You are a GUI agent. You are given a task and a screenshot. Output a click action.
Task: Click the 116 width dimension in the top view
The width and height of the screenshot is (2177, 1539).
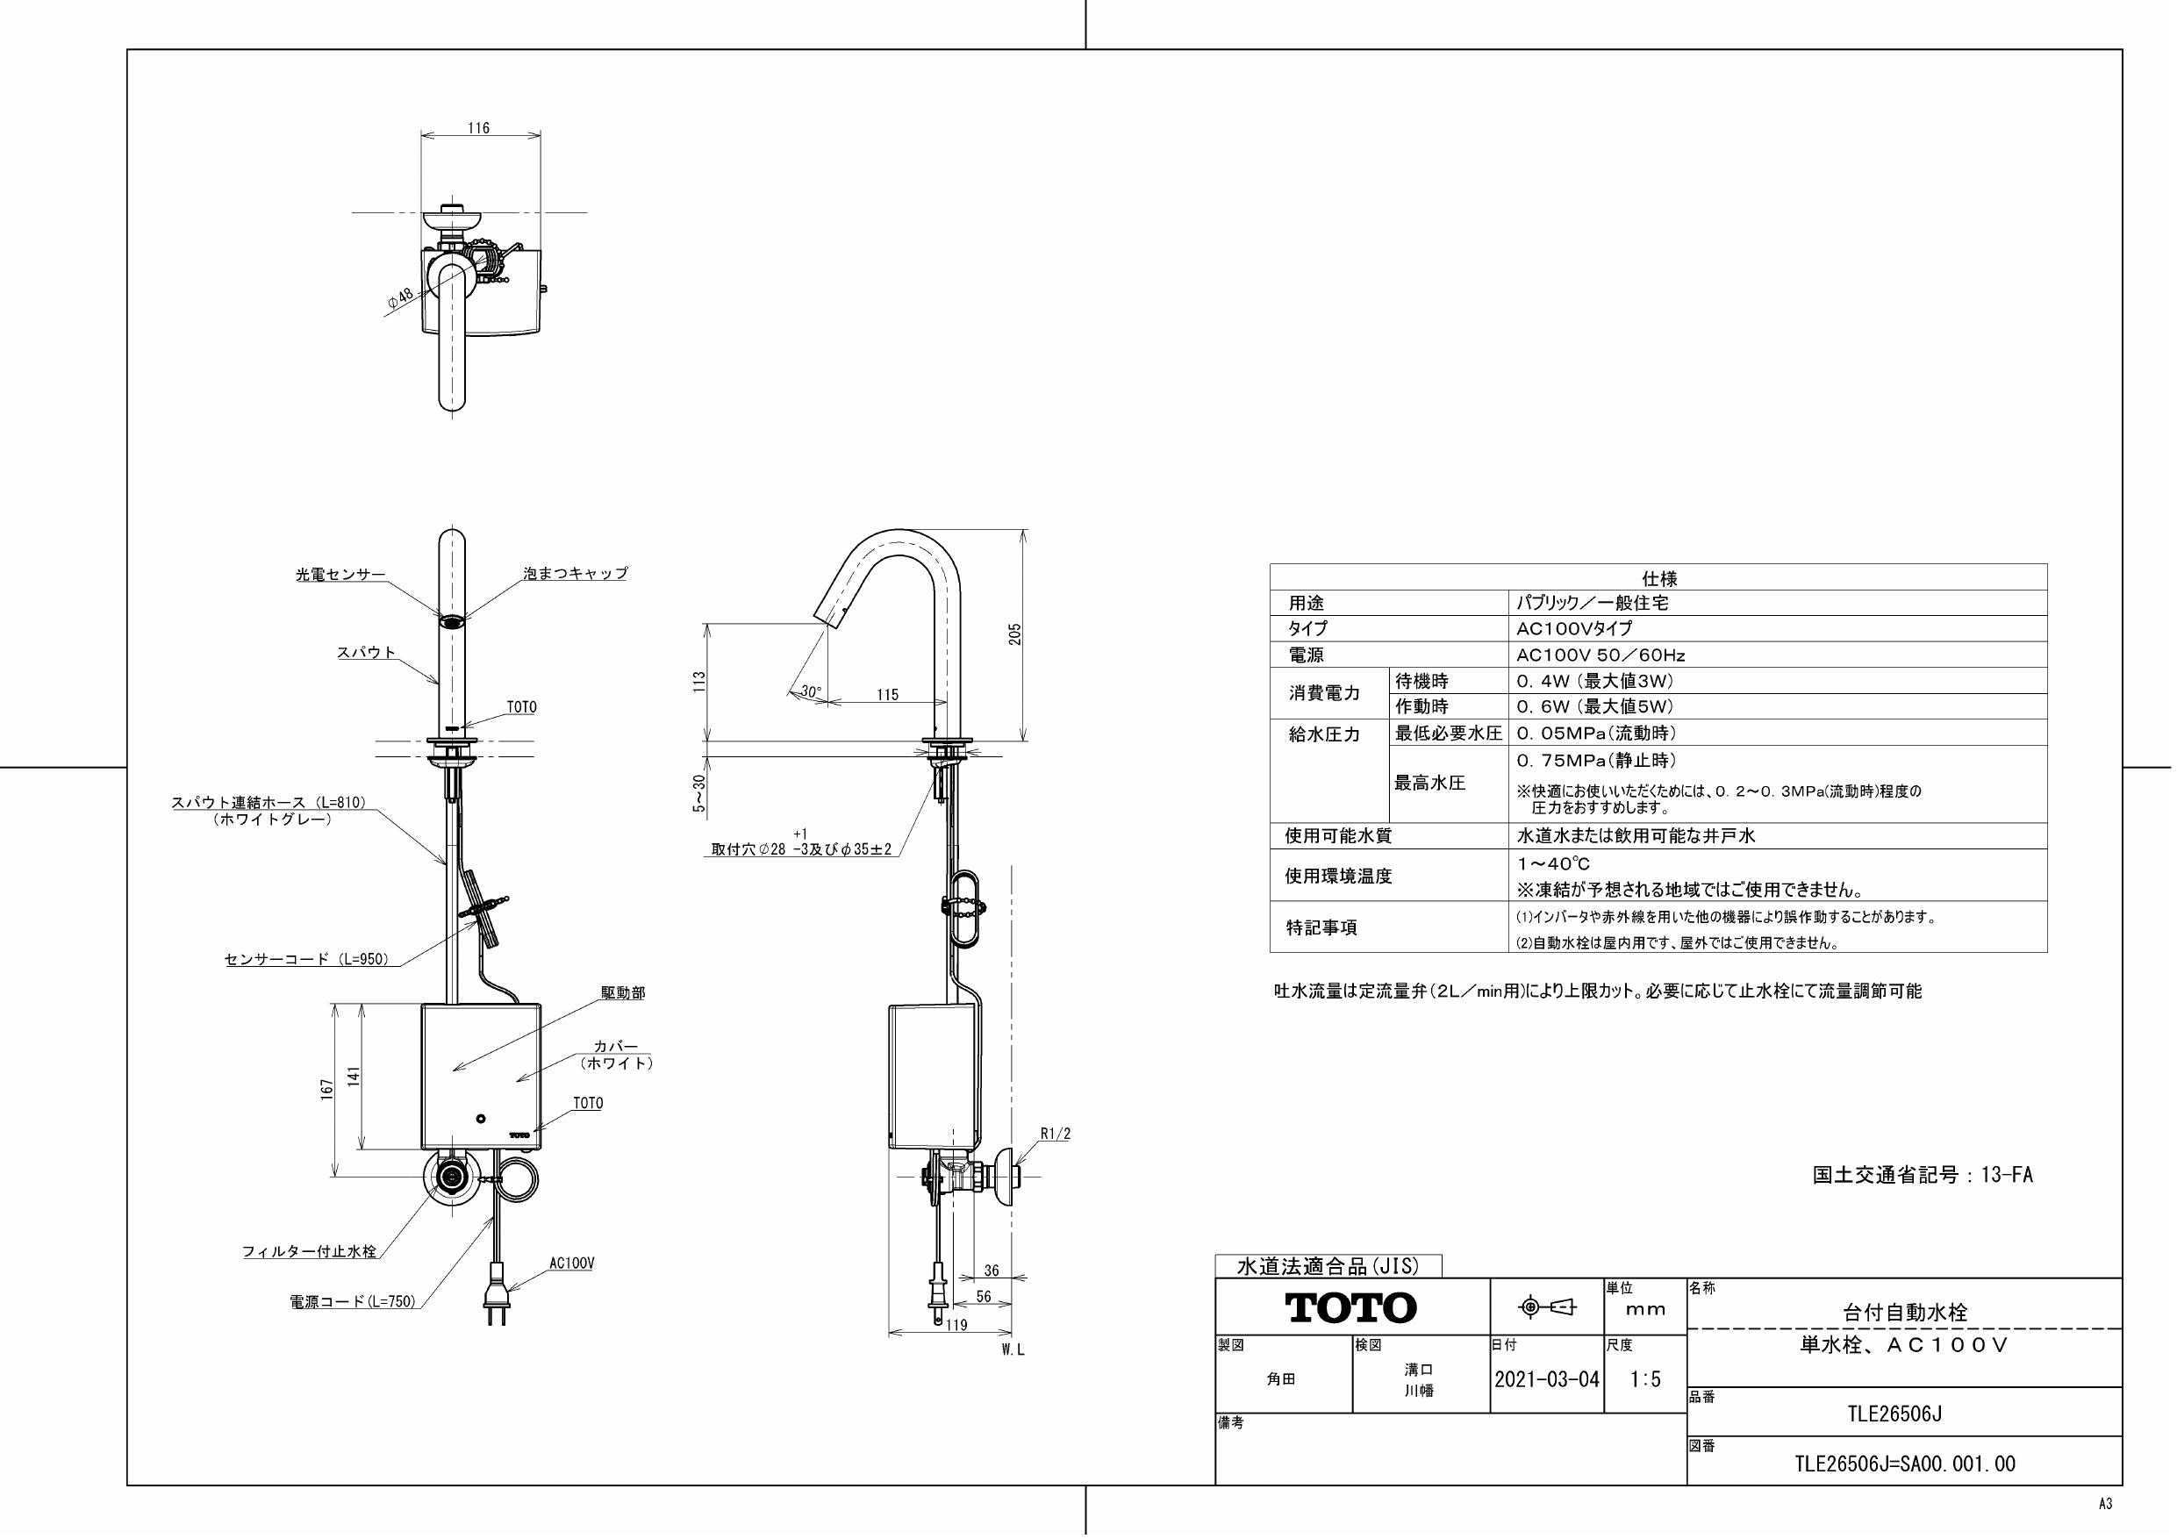point(479,128)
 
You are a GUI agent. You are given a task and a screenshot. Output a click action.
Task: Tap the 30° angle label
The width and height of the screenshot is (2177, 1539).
point(811,692)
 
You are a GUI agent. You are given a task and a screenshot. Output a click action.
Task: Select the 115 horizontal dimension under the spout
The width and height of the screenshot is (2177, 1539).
point(886,695)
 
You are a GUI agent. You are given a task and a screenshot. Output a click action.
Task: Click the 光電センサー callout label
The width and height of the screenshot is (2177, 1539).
point(340,575)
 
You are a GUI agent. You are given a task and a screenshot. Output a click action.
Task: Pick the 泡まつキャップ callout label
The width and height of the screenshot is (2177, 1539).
point(576,574)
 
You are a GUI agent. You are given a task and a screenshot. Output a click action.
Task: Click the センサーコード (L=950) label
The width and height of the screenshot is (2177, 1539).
point(306,960)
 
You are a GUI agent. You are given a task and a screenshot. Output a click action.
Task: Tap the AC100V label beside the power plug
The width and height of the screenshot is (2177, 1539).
point(572,1264)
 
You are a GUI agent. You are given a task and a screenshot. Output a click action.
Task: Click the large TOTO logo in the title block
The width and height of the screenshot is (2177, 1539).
point(1350,1308)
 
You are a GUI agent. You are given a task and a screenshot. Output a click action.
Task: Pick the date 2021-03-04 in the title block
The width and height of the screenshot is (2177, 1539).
point(1546,1379)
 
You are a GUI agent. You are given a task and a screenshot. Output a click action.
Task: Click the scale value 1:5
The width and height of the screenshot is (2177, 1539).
point(1645,1379)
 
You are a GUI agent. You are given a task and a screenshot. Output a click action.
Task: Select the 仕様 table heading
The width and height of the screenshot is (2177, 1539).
point(1658,577)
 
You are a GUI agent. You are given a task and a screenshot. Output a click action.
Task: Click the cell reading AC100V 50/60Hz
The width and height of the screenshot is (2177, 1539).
point(1601,655)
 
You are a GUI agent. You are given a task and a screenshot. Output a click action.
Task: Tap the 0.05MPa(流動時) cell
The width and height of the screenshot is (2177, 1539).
point(1596,733)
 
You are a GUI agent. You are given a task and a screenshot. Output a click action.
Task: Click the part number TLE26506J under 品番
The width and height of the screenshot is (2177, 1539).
point(1904,1414)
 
